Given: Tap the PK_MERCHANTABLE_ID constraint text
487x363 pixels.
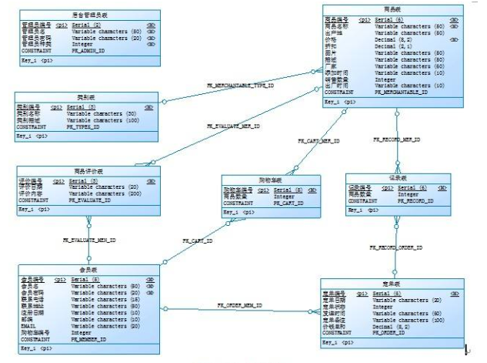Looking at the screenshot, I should [400, 92].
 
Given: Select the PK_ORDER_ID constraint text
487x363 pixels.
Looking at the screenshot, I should [390, 332].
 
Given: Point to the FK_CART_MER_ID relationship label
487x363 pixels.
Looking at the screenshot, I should [319, 141].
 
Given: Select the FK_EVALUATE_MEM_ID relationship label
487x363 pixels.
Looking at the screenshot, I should [89, 240].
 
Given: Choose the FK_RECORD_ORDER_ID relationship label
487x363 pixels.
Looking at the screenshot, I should [396, 247].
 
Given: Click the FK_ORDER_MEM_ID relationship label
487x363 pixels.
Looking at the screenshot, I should [239, 306].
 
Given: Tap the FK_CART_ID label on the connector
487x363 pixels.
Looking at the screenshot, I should [198, 240].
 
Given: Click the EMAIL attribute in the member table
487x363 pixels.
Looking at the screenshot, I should [28, 326].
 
